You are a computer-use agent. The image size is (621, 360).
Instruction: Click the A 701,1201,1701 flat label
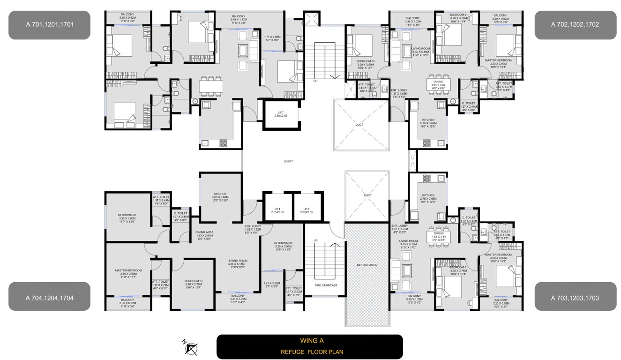[x=49, y=25]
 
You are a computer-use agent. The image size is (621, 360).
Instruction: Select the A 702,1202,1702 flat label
[x=575, y=25]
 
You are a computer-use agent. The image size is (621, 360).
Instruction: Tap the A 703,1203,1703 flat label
[x=575, y=297]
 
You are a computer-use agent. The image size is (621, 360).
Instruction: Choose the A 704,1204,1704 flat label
[x=49, y=297]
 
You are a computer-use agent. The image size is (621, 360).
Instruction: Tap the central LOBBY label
[x=288, y=161]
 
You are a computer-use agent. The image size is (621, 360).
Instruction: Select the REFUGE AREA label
[x=367, y=265]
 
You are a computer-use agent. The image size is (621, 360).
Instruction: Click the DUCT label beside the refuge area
[x=367, y=195]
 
